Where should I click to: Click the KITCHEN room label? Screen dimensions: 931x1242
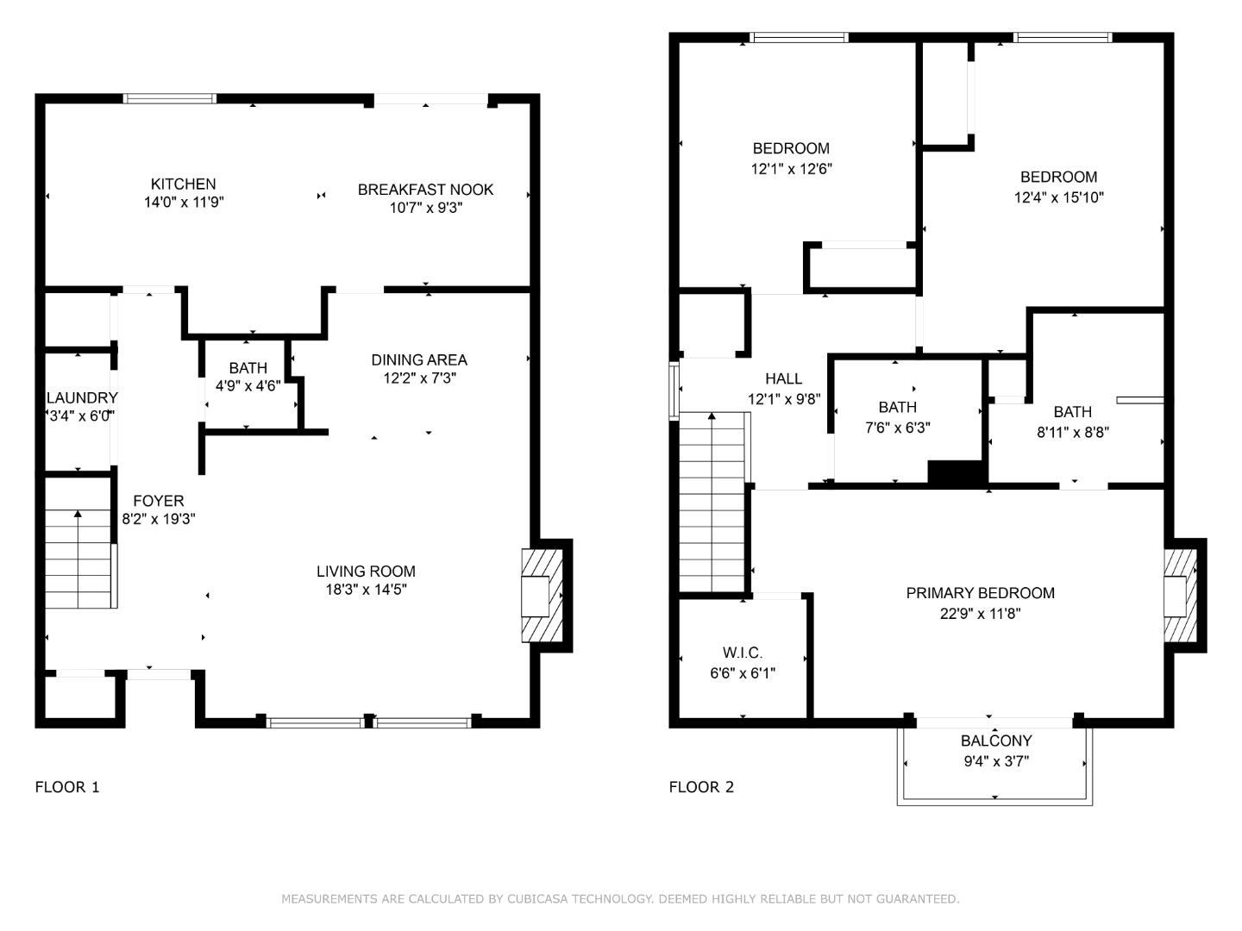[x=183, y=184]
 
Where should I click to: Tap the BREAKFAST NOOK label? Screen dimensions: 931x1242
[x=425, y=190]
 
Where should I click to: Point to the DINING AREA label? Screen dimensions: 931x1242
[x=419, y=360]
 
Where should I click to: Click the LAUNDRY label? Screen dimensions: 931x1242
[x=81, y=398]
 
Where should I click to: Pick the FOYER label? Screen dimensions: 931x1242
[x=158, y=501]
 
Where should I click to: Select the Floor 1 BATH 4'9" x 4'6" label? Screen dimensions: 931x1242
[x=248, y=369]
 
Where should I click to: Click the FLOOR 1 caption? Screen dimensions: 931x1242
[x=67, y=787]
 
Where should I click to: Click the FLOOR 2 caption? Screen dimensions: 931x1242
[x=701, y=787]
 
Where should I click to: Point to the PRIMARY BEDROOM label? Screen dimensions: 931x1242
[x=980, y=593]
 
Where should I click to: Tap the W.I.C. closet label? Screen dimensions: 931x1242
[x=742, y=653]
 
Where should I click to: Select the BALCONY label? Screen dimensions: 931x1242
[x=996, y=741]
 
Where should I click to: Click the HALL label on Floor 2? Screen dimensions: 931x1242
[x=783, y=378]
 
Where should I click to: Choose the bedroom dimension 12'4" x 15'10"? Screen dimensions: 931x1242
[x=1058, y=197]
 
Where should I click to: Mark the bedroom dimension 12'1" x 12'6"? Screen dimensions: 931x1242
[x=791, y=169]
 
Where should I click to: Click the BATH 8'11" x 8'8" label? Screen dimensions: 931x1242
[x=1072, y=413]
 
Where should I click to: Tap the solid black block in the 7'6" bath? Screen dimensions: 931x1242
[x=957, y=472]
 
